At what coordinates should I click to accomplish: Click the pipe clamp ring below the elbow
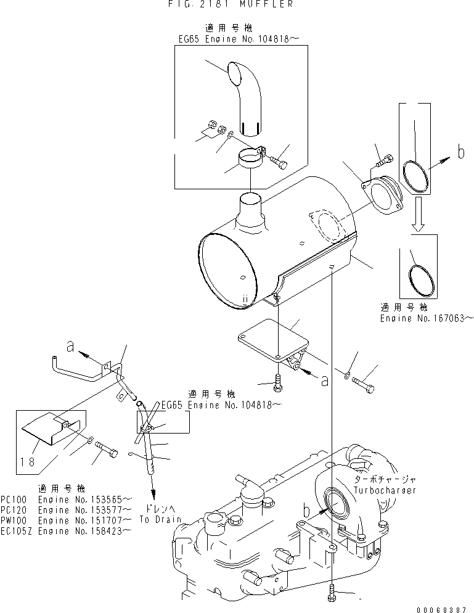pos(247,162)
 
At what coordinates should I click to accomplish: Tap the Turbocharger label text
pos(385,490)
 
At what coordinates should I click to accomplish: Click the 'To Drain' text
pos(160,519)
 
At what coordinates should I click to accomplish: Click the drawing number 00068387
pos(443,608)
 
